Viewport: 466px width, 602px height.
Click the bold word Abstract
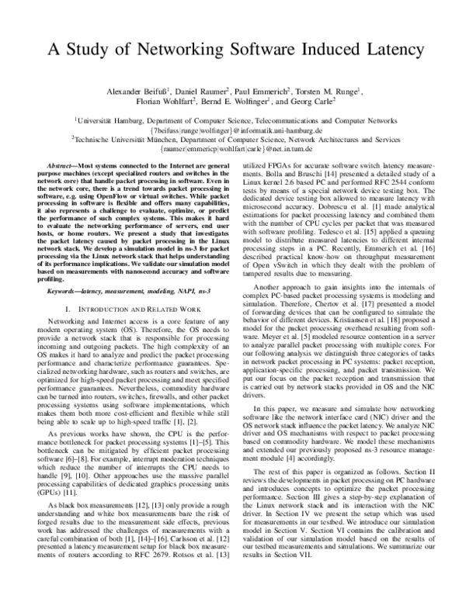[46, 167]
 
